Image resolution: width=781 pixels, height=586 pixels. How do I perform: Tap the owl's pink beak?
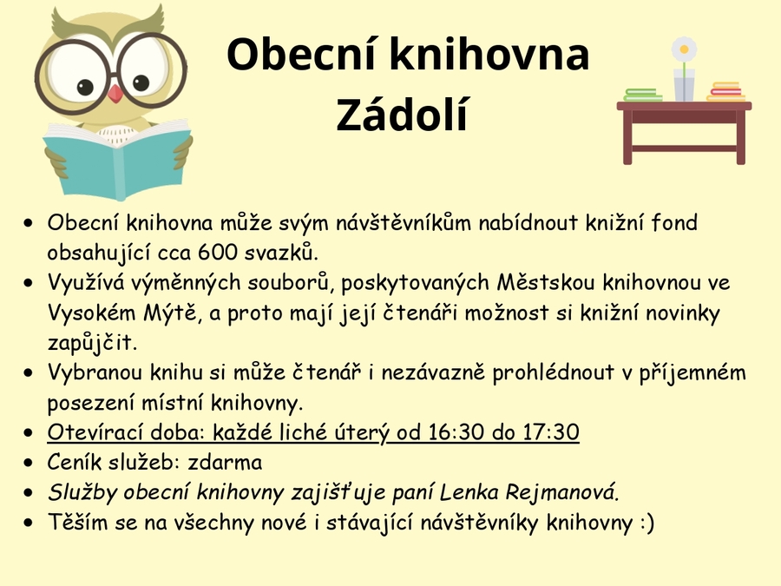[x=115, y=93]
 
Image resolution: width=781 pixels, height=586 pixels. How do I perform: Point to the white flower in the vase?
[x=684, y=49]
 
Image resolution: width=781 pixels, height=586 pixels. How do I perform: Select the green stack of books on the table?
[x=642, y=95]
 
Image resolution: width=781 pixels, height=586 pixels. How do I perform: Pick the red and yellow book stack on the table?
[x=725, y=92]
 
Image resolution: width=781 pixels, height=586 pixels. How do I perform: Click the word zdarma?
[x=225, y=463]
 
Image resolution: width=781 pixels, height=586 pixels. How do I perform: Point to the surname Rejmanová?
[x=562, y=492]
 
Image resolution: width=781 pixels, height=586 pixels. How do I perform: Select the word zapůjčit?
[x=92, y=343]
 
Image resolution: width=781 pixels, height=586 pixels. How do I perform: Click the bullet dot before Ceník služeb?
[x=29, y=463]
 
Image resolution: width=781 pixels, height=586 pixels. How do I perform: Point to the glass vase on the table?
[x=684, y=85]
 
